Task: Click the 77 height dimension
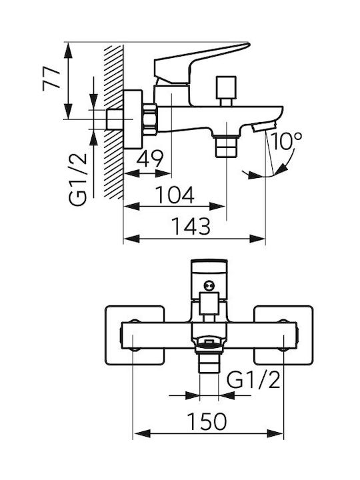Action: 51,79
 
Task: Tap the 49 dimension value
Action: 150,159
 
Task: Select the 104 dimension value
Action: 175,195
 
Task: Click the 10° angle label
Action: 287,141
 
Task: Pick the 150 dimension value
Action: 207,421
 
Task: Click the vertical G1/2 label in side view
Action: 78,179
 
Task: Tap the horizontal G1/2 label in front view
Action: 253,380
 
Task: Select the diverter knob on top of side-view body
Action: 227,91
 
